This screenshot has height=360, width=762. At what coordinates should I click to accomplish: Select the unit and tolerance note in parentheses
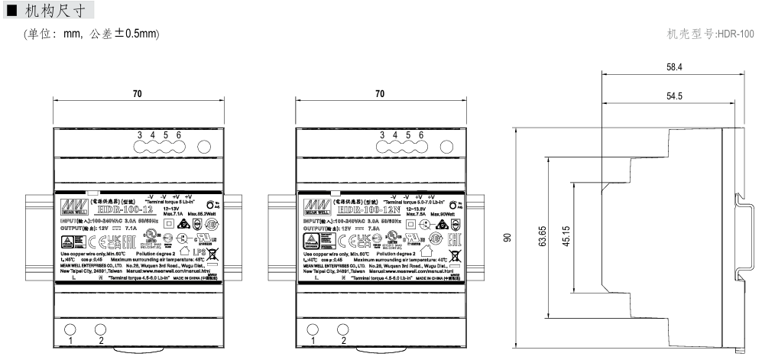(92, 34)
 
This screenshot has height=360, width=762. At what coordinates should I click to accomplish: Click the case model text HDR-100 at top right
(710, 34)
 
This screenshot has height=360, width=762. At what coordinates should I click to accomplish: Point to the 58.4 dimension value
(674, 68)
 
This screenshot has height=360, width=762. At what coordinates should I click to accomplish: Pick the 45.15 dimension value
(566, 238)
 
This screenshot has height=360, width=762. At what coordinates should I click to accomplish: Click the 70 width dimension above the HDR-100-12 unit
(138, 94)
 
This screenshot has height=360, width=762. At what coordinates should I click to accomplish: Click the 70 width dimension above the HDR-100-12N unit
(380, 94)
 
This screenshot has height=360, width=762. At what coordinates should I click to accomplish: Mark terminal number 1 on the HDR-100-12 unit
(70, 341)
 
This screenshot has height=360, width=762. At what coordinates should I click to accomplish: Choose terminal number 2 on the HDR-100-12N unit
(343, 341)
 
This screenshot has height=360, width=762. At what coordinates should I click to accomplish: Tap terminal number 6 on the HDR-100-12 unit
(179, 135)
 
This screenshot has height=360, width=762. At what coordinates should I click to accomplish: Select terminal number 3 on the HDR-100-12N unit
(382, 135)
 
